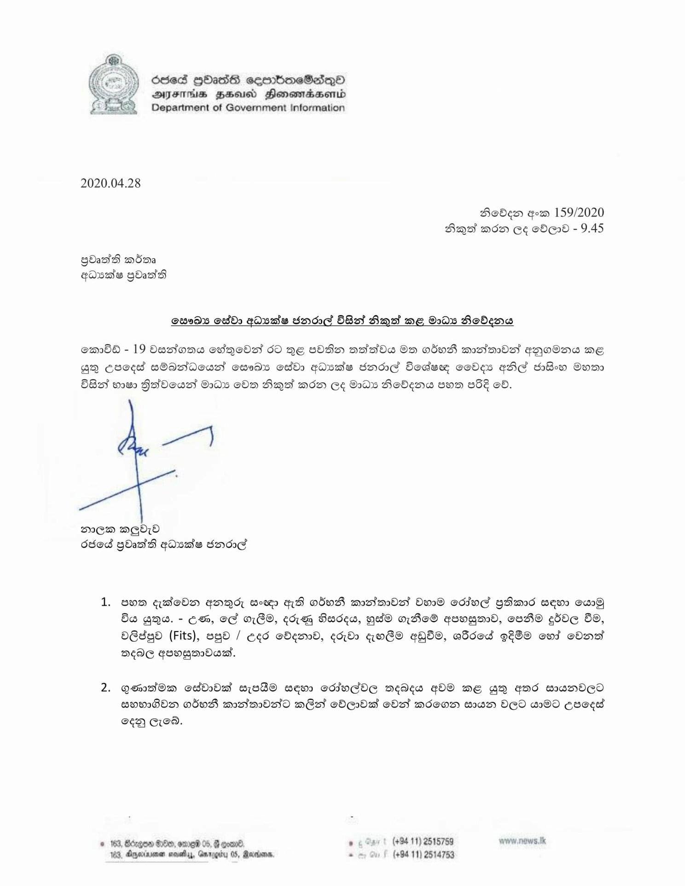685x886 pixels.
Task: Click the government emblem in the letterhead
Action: click(x=114, y=85)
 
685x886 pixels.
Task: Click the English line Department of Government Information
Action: click(x=248, y=108)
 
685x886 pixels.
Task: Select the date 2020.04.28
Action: click(x=110, y=183)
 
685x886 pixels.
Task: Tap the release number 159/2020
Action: click(x=579, y=212)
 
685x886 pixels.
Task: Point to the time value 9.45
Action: click(x=592, y=228)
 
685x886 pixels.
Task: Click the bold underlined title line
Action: click(x=342, y=321)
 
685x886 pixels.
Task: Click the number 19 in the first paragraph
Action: click(x=139, y=349)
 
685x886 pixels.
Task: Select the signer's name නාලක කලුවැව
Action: click(x=120, y=530)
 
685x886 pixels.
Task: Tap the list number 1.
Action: click(x=106, y=602)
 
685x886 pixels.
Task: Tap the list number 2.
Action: click(x=106, y=688)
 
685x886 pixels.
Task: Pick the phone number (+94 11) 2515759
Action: click(x=423, y=841)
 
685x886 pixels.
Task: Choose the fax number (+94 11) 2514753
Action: click(x=423, y=855)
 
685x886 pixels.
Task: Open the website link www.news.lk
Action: click(x=522, y=841)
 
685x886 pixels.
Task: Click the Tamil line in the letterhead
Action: click(x=249, y=94)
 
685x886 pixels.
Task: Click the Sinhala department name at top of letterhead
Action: click(x=249, y=80)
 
